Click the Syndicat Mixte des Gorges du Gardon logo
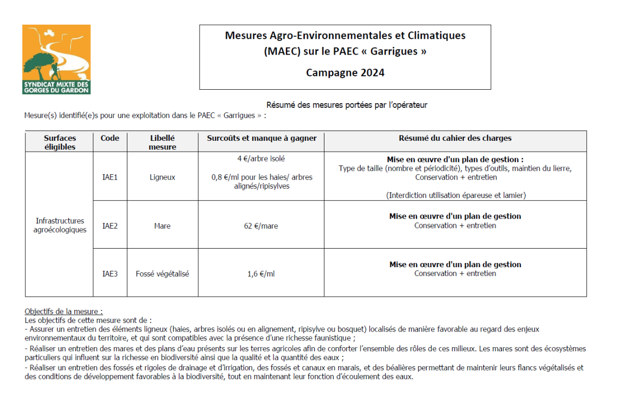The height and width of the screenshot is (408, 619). click(x=56, y=59)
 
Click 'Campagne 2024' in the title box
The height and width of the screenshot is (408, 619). click(x=345, y=73)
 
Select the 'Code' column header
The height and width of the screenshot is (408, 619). click(x=110, y=138)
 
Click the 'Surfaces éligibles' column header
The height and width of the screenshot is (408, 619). click(x=59, y=142)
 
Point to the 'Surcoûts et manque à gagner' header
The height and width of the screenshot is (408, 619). click(x=262, y=138)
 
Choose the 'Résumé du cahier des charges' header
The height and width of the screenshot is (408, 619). click(x=455, y=138)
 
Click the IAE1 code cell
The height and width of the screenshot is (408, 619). click(x=110, y=177)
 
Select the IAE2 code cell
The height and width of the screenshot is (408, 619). click(x=110, y=226)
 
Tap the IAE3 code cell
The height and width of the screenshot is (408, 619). click(x=110, y=274)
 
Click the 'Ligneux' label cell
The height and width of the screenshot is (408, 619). click(x=162, y=177)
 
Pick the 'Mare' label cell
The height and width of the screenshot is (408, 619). click(x=162, y=226)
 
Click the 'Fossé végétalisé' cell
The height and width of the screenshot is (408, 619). click(x=162, y=274)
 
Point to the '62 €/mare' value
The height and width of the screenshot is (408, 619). click(x=261, y=226)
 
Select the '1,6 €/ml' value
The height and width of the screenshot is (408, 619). click(x=261, y=274)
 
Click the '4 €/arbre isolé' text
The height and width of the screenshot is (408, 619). click(x=261, y=159)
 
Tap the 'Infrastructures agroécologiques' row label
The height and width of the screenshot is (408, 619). click(x=59, y=225)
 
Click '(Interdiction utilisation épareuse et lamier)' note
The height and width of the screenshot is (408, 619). click(x=455, y=195)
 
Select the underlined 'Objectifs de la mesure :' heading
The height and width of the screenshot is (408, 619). click(x=64, y=312)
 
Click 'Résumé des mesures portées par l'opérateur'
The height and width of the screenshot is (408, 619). click(x=347, y=105)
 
